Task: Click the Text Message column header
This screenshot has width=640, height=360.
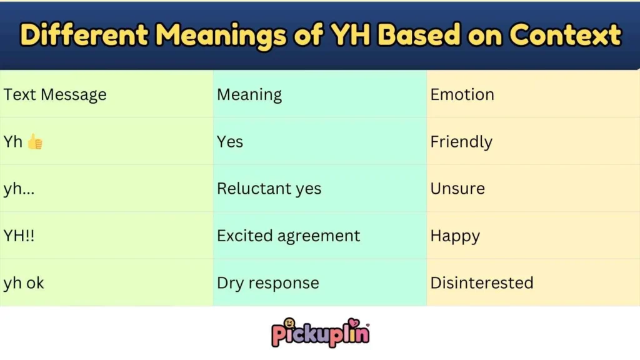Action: pyautogui.click(x=55, y=94)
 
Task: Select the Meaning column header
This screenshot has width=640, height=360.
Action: pyautogui.click(x=249, y=95)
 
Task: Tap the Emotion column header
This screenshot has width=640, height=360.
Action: pyautogui.click(x=462, y=94)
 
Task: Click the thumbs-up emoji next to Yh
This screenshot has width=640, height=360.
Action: pyautogui.click(x=35, y=142)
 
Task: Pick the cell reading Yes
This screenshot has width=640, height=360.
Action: pyautogui.click(x=230, y=142)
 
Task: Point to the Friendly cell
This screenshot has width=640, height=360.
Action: pyautogui.click(x=461, y=142)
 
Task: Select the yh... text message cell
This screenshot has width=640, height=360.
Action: pyautogui.click(x=19, y=189)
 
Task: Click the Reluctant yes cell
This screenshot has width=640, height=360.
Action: pyautogui.click(x=269, y=189)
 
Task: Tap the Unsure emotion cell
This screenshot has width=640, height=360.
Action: pyautogui.click(x=457, y=189)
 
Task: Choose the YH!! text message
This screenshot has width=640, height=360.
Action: pyautogui.click(x=19, y=236)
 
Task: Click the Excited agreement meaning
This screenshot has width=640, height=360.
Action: pyautogui.click(x=288, y=236)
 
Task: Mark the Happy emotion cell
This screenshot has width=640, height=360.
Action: pyautogui.click(x=455, y=236)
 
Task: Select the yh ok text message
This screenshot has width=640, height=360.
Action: pyautogui.click(x=24, y=283)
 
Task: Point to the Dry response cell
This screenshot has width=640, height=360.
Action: pyautogui.click(x=267, y=283)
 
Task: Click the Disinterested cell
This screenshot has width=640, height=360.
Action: pyautogui.click(x=481, y=282)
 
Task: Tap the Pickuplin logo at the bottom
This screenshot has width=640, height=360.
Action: pyautogui.click(x=320, y=332)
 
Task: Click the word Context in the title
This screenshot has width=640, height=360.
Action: pyautogui.click(x=565, y=35)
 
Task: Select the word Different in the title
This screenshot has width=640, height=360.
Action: pyautogui.click(x=83, y=35)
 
